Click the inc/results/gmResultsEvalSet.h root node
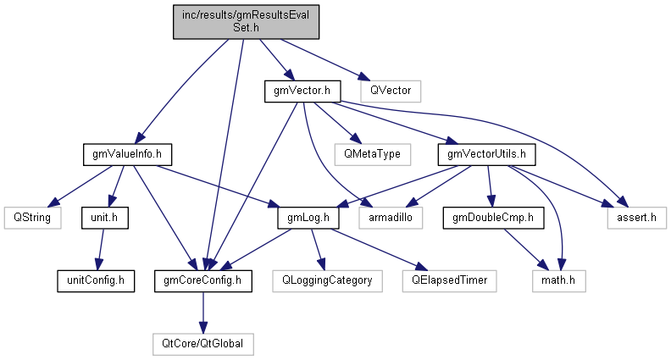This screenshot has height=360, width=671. [246, 21]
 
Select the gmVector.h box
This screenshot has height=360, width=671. [302, 88]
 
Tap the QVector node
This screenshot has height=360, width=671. [390, 88]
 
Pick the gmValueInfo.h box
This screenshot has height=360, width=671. [127, 153]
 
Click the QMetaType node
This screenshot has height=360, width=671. [372, 153]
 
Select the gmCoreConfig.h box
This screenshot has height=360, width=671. [202, 279]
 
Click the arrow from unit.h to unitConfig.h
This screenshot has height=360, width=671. [99, 247]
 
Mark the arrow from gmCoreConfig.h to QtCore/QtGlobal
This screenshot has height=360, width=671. [202, 310]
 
